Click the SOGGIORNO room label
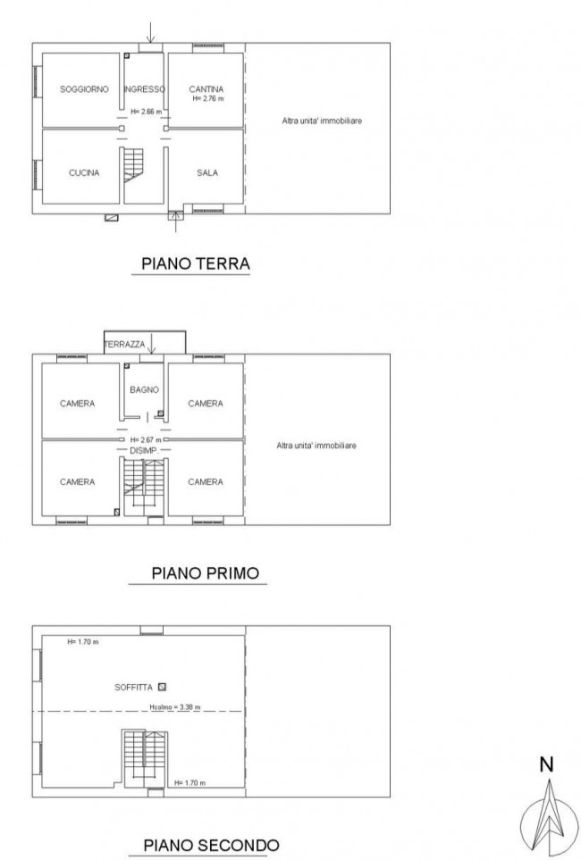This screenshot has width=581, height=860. (x=84, y=88)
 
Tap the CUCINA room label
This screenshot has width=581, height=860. (x=84, y=172)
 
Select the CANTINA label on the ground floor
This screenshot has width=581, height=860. (x=206, y=88)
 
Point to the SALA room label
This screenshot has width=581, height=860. (x=207, y=172)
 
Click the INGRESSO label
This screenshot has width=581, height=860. (x=144, y=88)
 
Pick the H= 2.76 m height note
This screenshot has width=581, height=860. (x=208, y=99)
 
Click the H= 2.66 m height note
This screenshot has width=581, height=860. (x=146, y=112)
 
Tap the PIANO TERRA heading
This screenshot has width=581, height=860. (x=196, y=263)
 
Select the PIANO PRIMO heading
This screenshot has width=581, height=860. (x=205, y=573)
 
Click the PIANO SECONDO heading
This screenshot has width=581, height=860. (x=211, y=845)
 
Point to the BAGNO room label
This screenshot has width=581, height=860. (x=144, y=390)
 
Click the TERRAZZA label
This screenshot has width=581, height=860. (x=124, y=345)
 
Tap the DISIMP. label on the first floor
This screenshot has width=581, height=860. (x=144, y=450)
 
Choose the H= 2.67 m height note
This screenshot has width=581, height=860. (x=146, y=440)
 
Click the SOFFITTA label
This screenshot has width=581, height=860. (x=133, y=688)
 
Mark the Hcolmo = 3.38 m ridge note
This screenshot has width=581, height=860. (x=174, y=707)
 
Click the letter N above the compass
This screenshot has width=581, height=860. (x=546, y=764)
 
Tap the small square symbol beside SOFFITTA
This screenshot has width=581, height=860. (x=162, y=687)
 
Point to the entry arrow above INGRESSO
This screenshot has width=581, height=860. (x=150, y=32)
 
